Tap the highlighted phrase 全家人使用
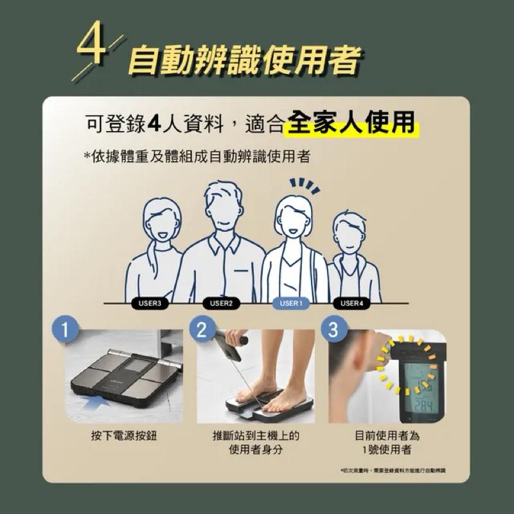[350, 123]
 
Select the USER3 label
[150, 303]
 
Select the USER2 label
[222, 303]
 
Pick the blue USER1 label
[290, 303]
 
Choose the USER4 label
[351, 303]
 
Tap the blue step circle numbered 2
[201, 330]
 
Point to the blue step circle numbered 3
[333, 330]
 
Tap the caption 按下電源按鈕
[124, 436]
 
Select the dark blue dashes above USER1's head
[303, 185]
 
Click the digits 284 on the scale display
[422, 405]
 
